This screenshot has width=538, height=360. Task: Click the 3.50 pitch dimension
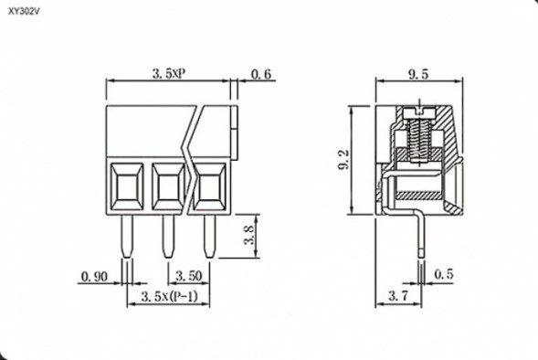tap(188, 275)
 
